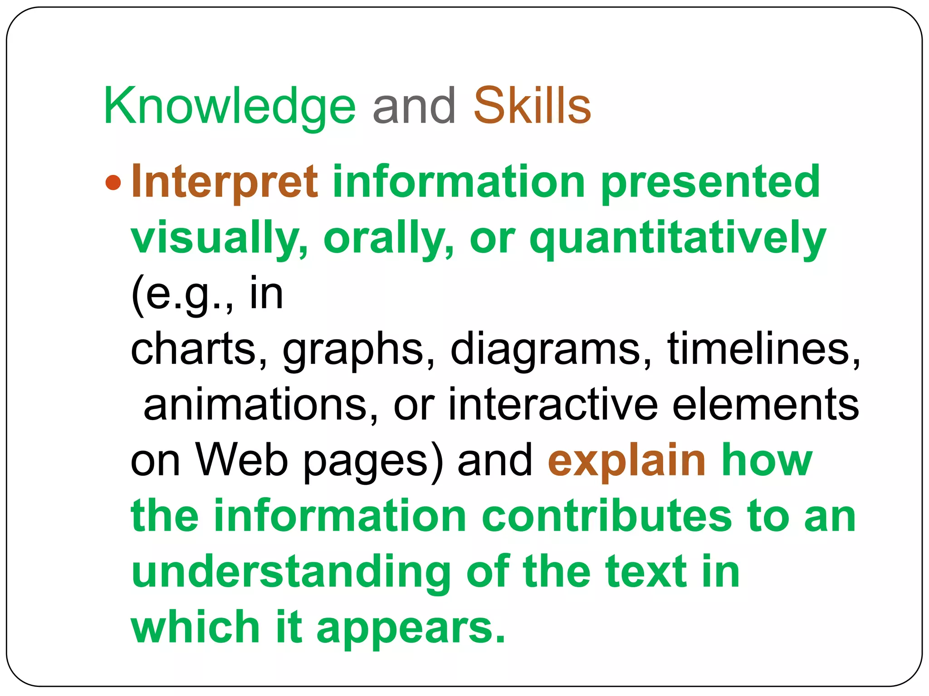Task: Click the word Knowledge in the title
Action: pyautogui.click(x=230, y=107)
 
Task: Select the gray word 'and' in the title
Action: pyautogui.click(x=414, y=106)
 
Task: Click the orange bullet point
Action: pyautogui.click(x=113, y=183)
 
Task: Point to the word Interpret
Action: pyautogui.click(x=225, y=182)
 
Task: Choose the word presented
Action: pyautogui.click(x=710, y=182)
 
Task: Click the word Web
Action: pyautogui.click(x=242, y=460)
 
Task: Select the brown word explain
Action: pyautogui.click(x=626, y=460)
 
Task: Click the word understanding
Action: pyautogui.click(x=291, y=572)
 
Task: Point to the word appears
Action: pyautogui.click(x=411, y=628)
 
